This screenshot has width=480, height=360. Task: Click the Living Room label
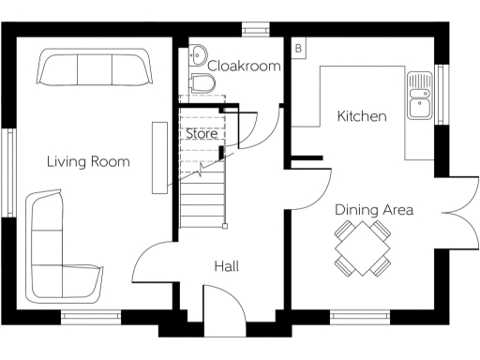[88, 162]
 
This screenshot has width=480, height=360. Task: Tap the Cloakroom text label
[244, 66]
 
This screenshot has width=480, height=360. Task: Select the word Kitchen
[362, 117]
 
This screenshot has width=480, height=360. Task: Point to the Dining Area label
[374, 210]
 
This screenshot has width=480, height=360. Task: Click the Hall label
[226, 267]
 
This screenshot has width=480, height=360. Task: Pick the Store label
[202, 134]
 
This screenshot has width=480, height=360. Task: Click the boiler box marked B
[298, 47]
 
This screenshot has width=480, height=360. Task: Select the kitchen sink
[418, 97]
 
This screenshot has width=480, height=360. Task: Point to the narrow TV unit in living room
[157, 157]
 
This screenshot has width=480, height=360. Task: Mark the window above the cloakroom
[253, 29]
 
